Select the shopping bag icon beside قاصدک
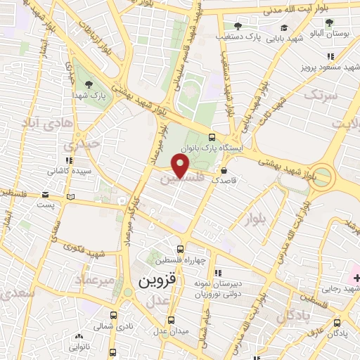click(x=224, y=169)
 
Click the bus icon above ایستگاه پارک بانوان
click(x=212, y=138)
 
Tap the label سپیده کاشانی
click(x=65, y=171)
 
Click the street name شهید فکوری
click(x=83, y=250)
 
